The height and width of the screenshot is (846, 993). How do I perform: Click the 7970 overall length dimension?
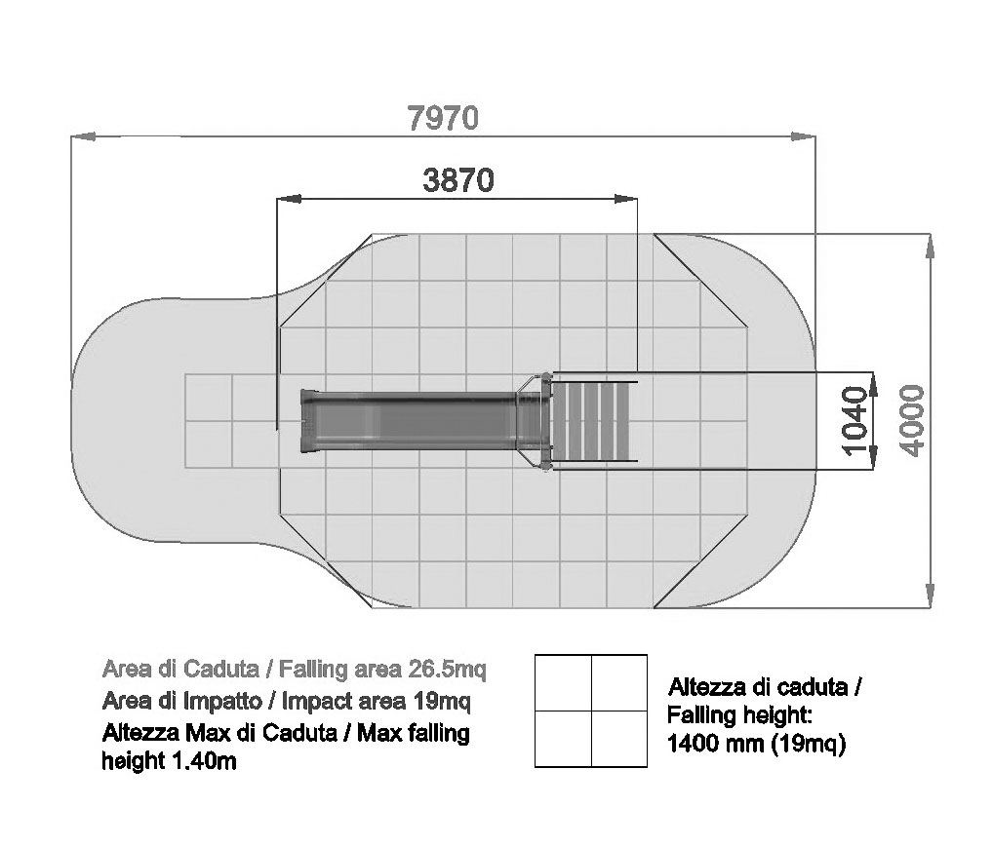[443, 118]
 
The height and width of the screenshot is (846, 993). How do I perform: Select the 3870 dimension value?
[457, 180]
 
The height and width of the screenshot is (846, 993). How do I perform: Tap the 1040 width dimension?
[854, 420]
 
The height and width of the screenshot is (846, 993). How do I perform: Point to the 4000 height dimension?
[912, 420]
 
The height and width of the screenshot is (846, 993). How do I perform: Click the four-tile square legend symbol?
[591, 711]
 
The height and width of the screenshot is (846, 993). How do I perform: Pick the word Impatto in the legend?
[222, 701]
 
